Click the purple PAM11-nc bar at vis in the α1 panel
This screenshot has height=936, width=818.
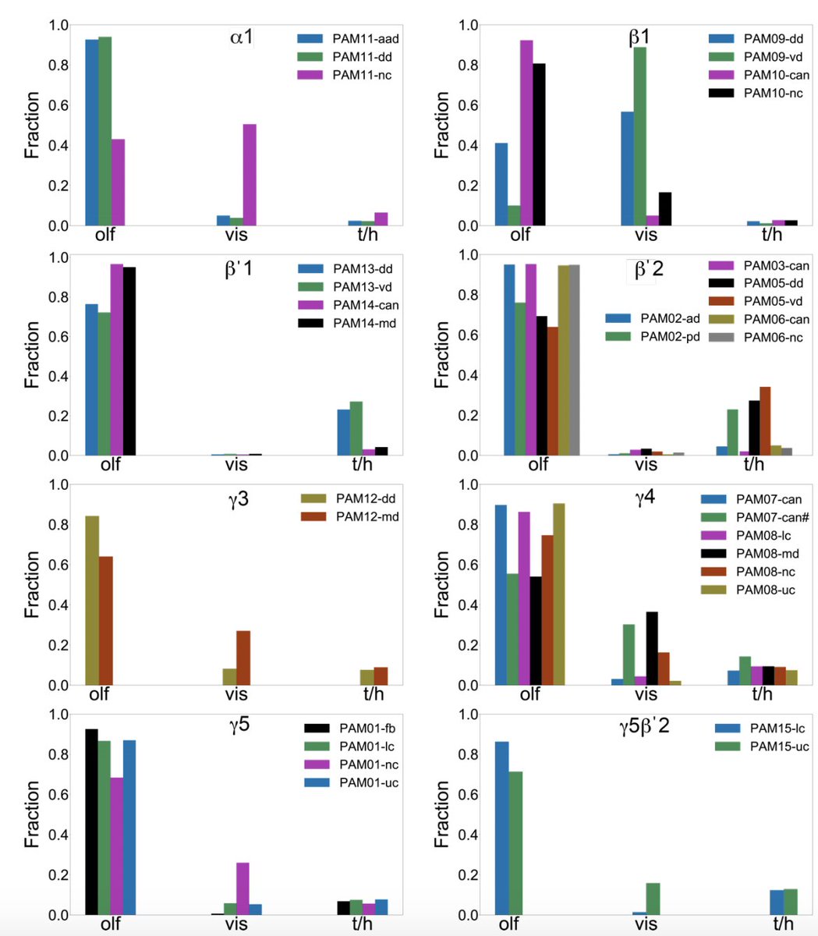click(250, 175)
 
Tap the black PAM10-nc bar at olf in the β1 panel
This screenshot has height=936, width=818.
click(539, 144)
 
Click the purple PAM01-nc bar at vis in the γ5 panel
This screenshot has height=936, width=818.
click(243, 888)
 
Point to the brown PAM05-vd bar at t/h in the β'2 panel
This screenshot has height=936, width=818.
click(765, 420)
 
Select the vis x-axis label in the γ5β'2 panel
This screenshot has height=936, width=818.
click(646, 924)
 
